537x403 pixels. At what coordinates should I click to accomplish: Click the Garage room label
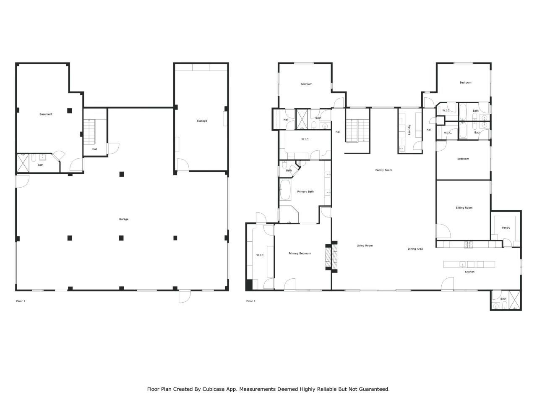(x=123, y=219)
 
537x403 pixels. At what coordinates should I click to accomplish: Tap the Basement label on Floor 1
(x=46, y=114)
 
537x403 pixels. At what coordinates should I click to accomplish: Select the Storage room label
(x=202, y=121)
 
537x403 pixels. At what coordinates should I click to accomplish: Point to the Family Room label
(x=383, y=170)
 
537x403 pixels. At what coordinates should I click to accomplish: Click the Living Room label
(x=365, y=246)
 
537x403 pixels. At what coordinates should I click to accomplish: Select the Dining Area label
(x=415, y=249)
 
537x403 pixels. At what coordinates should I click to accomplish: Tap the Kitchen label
(x=469, y=272)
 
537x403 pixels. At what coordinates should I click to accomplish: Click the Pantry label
(x=506, y=228)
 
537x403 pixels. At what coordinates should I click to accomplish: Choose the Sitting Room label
(x=464, y=208)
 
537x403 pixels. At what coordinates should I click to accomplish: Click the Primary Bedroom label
(x=300, y=254)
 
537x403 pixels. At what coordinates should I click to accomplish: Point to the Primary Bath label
(x=305, y=192)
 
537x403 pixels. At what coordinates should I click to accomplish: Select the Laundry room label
(x=409, y=130)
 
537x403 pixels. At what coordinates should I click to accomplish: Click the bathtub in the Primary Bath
(x=285, y=190)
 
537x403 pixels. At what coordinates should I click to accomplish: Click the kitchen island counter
(x=469, y=264)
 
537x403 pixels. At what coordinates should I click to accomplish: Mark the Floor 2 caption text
(x=250, y=301)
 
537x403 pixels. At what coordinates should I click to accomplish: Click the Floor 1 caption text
(x=21, y=301)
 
